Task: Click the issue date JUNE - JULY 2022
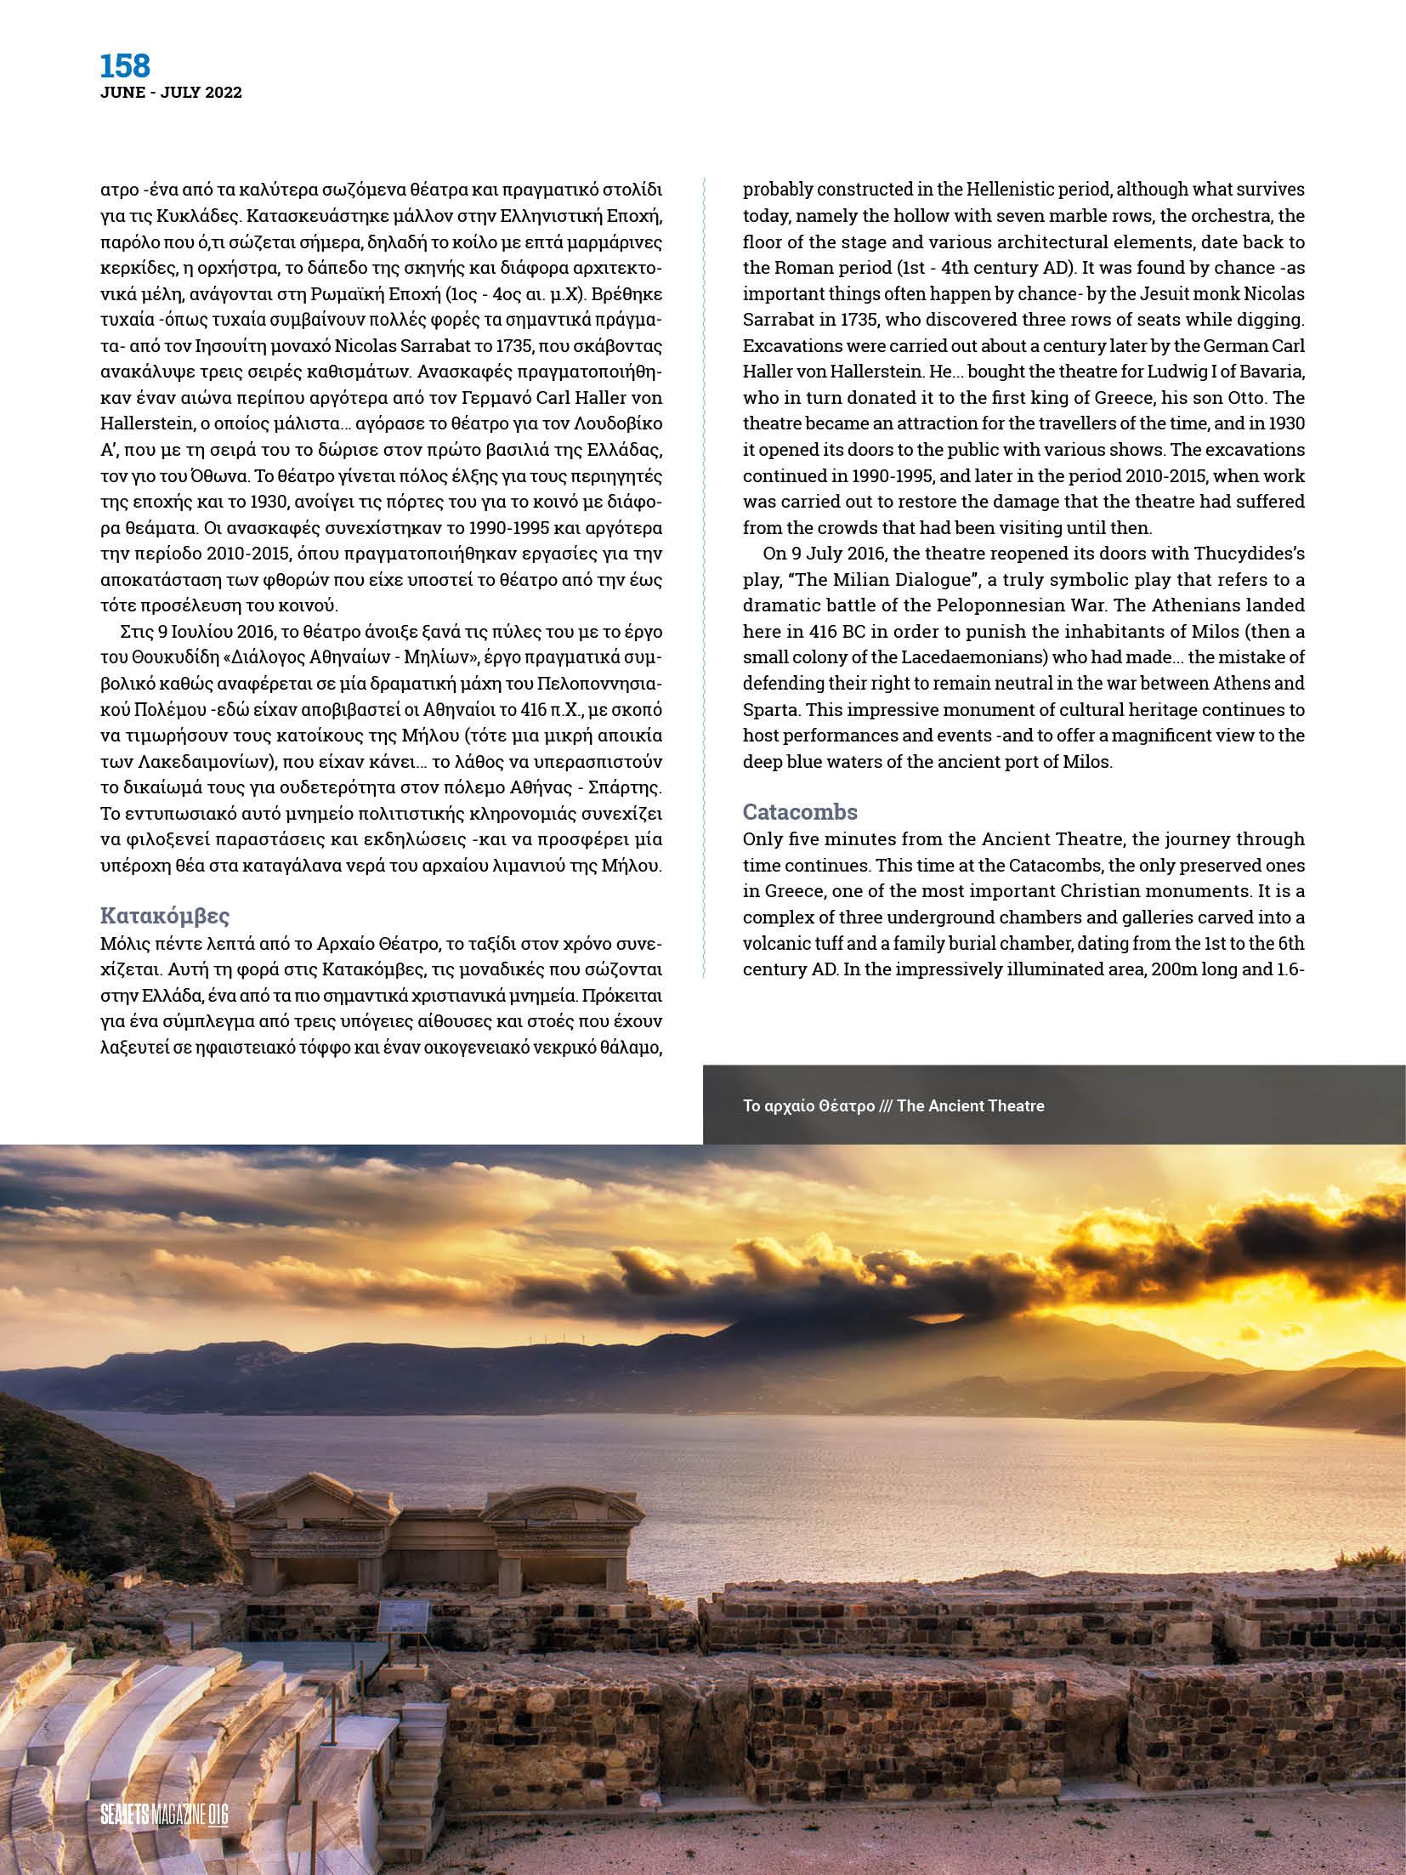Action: coord(171,93)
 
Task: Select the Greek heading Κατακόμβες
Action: coord(165,916)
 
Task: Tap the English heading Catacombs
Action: coord(800,810)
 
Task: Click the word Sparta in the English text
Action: coord(772,709)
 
